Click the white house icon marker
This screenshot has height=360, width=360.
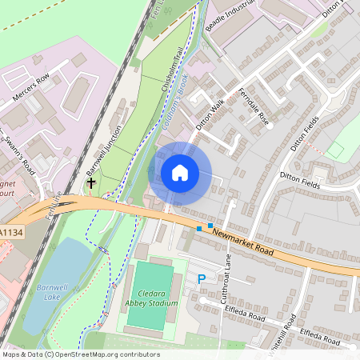pyautogui.click(x=180, y=172)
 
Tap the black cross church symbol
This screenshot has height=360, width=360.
pyautogui.click(x=91, y=183)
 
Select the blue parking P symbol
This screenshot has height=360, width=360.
pyautogui.click(x=202, y=279)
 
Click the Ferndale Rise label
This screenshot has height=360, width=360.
pyautogui.click(x=254, y=103)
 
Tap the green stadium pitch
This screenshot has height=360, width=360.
pyautogui.click(x=149, y=295)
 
